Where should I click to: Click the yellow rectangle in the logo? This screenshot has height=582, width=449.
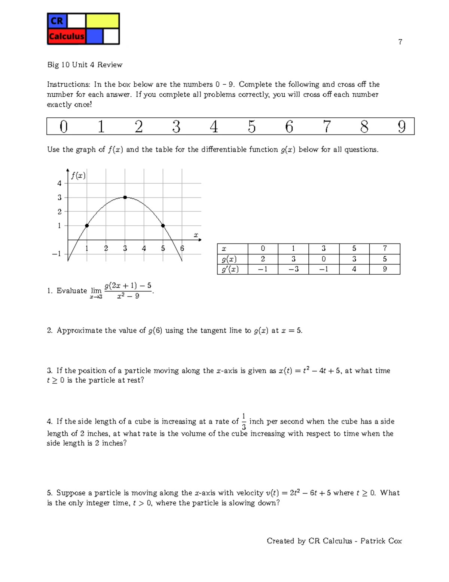pos(103,21)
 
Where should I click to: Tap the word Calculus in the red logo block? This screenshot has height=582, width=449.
pos(67,36)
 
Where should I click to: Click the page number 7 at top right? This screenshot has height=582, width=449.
pos(400,42)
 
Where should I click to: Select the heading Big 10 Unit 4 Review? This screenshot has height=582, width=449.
pos(85,65)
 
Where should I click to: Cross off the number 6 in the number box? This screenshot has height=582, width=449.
pos(289,127)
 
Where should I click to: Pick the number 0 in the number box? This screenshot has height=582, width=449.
pos(64,127)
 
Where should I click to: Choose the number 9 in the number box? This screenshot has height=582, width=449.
pos(401,127)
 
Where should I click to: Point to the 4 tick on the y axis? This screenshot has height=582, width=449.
pos(59,183)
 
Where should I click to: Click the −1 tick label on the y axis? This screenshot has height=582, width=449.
pos(56,254)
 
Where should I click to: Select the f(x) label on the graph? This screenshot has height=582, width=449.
pos(78,175)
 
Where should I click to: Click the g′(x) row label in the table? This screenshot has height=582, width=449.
pos(230,269)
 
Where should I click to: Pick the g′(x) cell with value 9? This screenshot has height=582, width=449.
pos(385,269)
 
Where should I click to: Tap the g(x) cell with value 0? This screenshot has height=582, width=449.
pos(324,259)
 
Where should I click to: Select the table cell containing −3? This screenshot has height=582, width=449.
pos(293,269)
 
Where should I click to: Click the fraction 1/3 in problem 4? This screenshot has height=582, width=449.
pos(244,422)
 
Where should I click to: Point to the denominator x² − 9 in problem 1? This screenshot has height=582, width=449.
pos(128,296)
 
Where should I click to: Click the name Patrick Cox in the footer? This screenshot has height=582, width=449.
pos(381,541)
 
